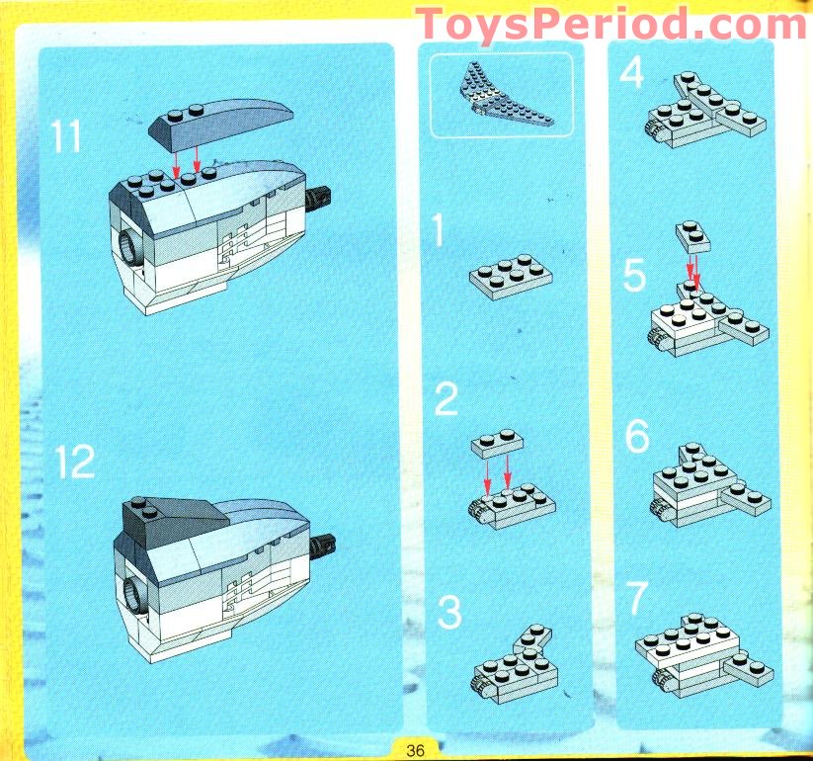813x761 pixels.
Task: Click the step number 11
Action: click(67, 136)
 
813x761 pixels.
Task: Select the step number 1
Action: click(439, 232)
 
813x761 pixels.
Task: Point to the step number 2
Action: click(447, 400)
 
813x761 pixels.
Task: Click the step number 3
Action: click(449, 613)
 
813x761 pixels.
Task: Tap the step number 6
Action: click(637, 437)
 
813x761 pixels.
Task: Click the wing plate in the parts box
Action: click(501, 97)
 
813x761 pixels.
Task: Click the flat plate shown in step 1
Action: click(510, 277)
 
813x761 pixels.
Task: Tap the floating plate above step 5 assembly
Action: click(693, 236)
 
